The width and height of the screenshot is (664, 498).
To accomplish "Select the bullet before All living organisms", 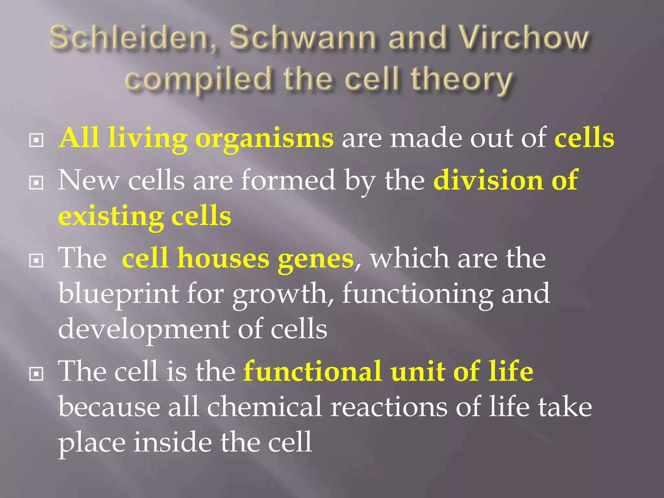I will tap(36, 140).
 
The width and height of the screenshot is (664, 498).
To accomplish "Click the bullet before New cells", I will tap(36, 183).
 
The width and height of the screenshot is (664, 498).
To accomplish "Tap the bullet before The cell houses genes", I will tap(36, 260).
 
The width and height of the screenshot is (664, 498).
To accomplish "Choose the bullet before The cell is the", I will tap(36, 374).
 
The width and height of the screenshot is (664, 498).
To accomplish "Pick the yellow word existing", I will tap(111, 217).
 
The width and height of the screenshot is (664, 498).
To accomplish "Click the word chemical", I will tap(264, 407).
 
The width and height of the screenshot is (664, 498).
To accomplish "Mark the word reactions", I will tap(389, 407).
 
